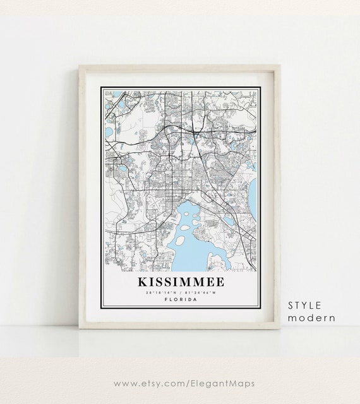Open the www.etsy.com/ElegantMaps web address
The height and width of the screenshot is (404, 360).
click(180, 383)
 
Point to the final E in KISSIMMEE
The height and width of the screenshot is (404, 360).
click(222, 280)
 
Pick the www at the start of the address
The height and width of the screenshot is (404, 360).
click(126, 383)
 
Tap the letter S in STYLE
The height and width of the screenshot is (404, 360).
click(291, 305)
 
